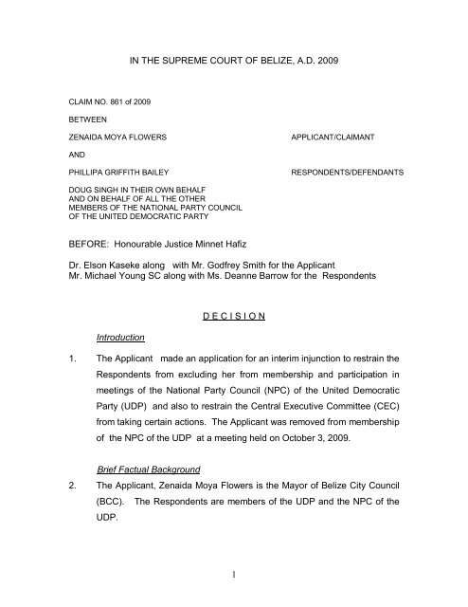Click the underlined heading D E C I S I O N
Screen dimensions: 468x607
(234, 345)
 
